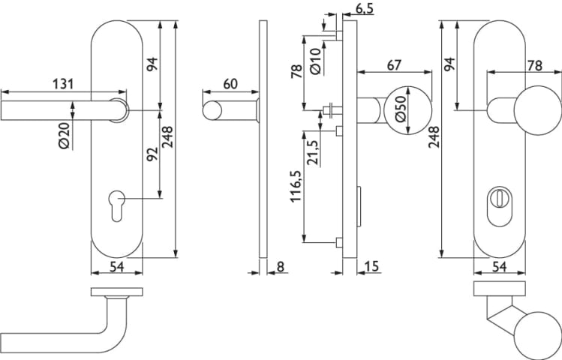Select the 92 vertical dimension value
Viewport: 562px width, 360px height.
pos(152,154)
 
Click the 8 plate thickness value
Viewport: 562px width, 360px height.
pos(280,267)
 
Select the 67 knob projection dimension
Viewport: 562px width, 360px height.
pos(393,64)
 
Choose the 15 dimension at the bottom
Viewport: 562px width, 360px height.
pos(371,267)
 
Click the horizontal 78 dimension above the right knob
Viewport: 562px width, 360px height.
pos(534,65)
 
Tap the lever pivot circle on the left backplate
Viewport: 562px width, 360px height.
pos(119,108)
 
